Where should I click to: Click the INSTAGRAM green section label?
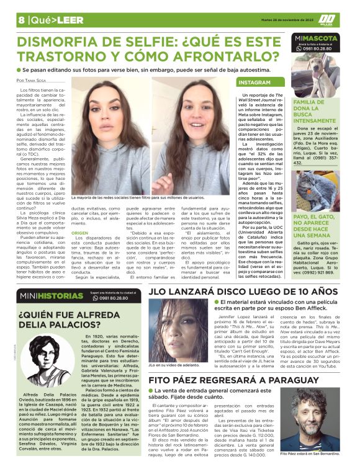point(254,82)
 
